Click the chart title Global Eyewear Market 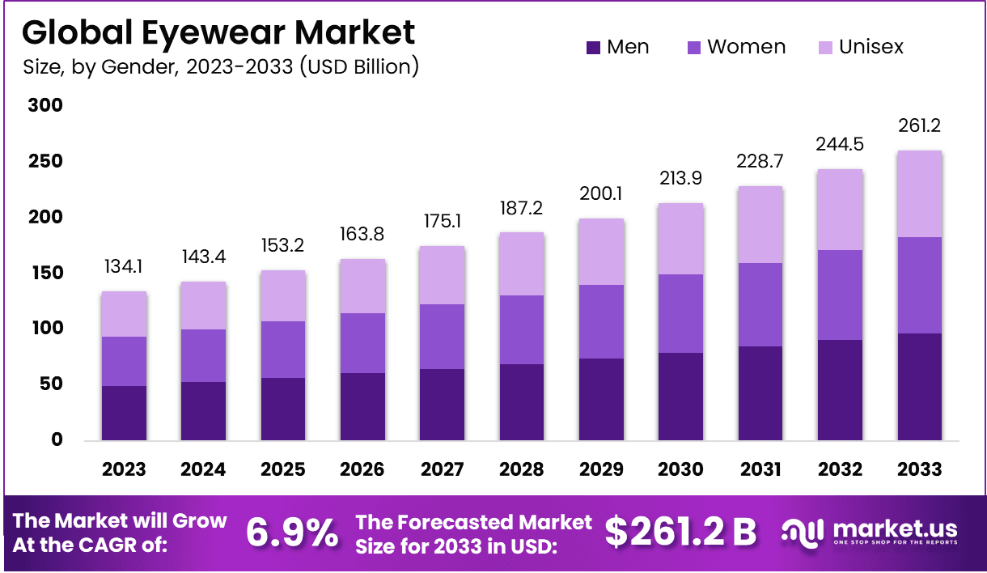(218, 32)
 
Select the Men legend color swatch (593, 48)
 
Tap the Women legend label (746, 47)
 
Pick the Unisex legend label (871, 47)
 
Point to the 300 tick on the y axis (45, 106)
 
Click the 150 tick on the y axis (45, 274)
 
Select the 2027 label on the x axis (442, 469)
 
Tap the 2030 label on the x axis (680, 469)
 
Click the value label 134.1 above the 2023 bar (124, 267)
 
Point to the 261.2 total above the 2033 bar (919, 126)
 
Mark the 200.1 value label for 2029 (601, 194)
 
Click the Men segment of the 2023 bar (124, 413)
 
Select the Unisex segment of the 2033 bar (919, 194)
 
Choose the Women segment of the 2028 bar (522, 329)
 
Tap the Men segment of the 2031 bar (760, 393)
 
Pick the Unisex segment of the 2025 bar (283, 296)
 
